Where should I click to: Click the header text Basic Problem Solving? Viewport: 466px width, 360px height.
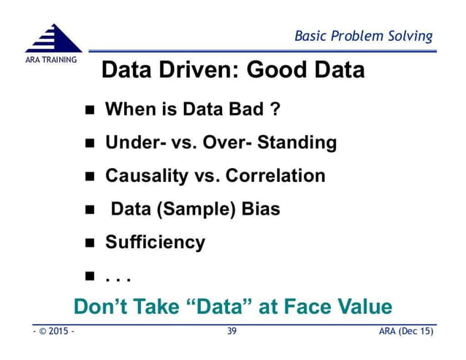point(363,36)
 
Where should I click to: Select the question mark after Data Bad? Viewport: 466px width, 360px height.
point(275,110)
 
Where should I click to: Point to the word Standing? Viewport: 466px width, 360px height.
point(301,142)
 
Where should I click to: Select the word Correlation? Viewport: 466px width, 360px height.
point(275,176)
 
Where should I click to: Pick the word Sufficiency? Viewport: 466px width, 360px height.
point(155,242)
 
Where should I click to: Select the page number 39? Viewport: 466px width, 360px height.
point(232,332)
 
